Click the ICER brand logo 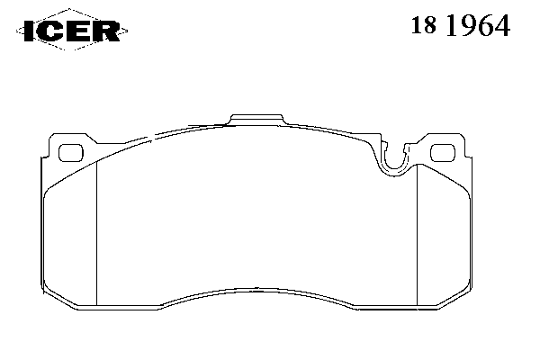coord(72,31)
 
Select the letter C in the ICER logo coord(52,31)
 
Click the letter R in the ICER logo coord(105,31)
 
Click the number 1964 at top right coord(478,25)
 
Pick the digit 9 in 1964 coord(470,25)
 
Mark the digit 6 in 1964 coord(486,25)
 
